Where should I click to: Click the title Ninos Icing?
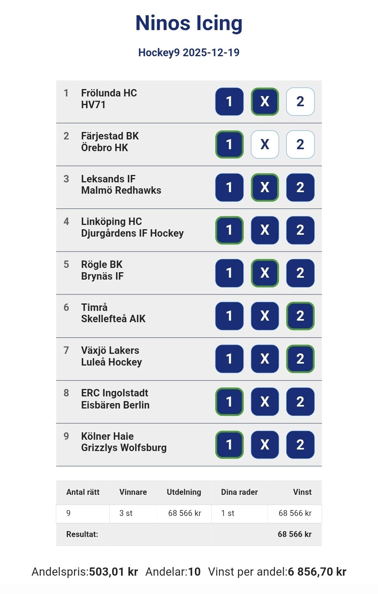coord(189,23)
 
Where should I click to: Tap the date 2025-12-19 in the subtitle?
coord(211,53)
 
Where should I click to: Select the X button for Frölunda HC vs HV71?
coord(265,102)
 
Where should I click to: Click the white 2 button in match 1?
coord(300,102)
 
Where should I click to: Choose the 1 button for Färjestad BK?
coord(229,144)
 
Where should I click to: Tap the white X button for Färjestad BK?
coord(265,144)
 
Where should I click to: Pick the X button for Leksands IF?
coord(265,187)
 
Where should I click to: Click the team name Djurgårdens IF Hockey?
coord(132,234)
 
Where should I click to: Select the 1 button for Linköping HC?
coord(229,230)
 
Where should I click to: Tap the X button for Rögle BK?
coord(265,273)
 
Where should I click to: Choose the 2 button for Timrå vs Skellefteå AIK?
coord(300,316)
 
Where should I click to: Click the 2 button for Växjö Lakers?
coord(300,359)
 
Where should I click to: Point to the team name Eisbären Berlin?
coord(115,405)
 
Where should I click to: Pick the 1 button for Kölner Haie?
coord(229,444)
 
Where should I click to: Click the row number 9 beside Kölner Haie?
coord(66,436)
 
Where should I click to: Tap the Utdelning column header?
coord(184,492)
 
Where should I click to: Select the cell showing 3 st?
coord(126,513)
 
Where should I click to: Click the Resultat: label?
coord(82,534)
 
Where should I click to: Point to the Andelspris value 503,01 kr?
coord(113,572)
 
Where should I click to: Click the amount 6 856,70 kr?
coord(317,572)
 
